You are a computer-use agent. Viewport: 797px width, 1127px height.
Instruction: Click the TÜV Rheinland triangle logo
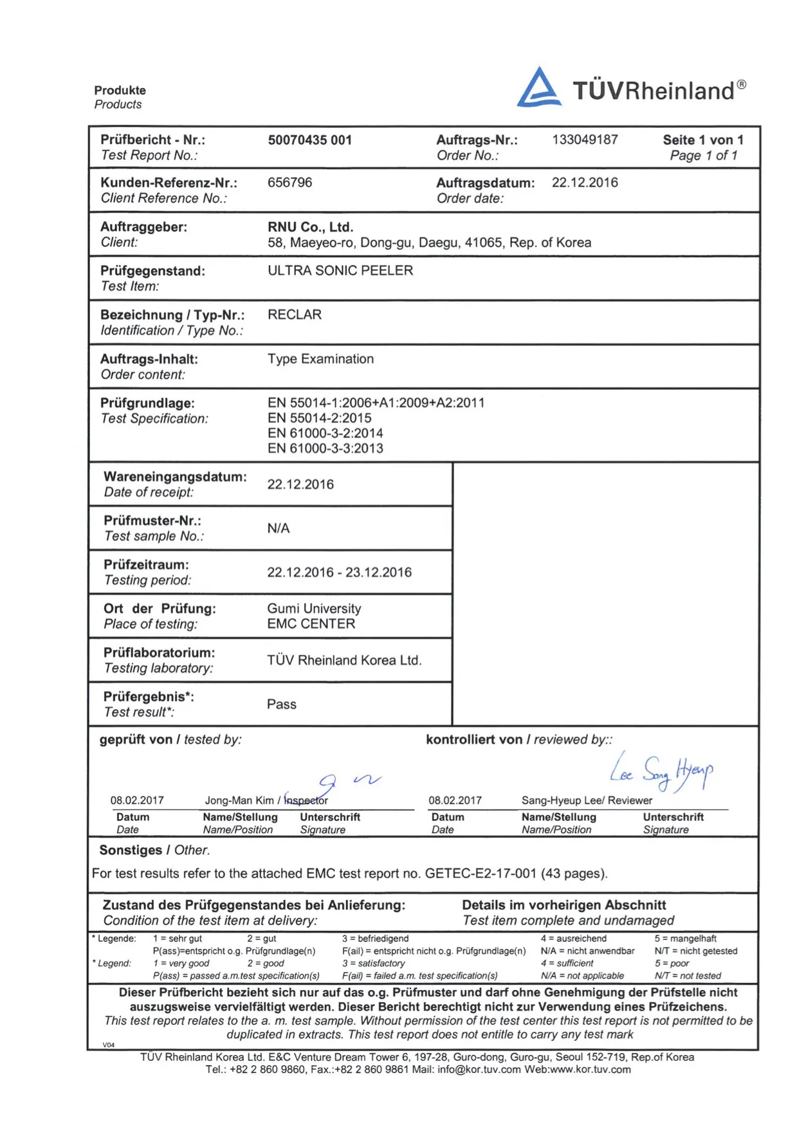(539, 88)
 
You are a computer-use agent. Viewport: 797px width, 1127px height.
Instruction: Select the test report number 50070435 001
(309, 140)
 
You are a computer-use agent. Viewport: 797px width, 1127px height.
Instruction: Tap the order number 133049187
(585, 140)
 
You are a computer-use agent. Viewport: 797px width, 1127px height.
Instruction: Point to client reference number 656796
(289, 183)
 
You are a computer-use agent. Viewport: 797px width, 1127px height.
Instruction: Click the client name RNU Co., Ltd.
(310, 227)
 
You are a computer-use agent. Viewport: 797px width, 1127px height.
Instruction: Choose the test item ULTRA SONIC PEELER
(340, 271)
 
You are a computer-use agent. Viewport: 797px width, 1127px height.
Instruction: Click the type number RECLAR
(295, 315)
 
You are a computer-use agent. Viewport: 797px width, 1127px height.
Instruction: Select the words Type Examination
(320, 359)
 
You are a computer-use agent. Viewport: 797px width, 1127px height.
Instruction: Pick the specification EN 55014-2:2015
(319, 418)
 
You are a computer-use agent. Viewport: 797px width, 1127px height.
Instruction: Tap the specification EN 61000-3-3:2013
(325, 448)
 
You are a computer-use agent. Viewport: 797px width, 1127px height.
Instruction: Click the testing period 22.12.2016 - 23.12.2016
(339, 573)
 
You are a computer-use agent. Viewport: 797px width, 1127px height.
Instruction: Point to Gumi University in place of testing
(314, 609)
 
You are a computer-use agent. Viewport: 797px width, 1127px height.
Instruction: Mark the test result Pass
(282, 704)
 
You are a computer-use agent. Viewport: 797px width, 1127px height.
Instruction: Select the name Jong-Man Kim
(239, 801)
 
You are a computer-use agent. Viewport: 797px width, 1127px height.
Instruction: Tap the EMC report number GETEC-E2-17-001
(481, 874)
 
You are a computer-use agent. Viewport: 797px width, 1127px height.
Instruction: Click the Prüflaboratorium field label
(159, 653)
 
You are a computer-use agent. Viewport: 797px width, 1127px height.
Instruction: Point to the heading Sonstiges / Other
(154, 850)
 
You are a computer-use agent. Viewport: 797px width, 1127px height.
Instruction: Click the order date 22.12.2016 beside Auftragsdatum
(585, 183)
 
